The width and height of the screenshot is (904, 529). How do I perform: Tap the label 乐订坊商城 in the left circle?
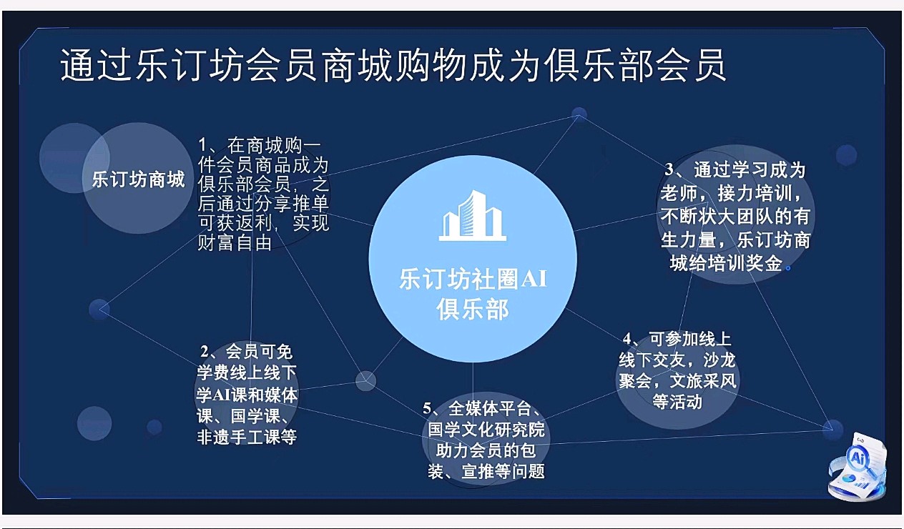139,179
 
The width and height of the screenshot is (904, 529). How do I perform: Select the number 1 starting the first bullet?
203,146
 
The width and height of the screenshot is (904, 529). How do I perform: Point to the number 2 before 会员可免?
205,352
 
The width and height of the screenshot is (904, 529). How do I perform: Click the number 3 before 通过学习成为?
669,170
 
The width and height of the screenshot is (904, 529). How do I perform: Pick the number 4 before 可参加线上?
627,339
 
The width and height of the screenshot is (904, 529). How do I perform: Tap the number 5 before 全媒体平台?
428,409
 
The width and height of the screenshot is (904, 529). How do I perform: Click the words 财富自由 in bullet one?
235,243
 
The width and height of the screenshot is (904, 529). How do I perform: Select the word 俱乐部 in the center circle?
472,310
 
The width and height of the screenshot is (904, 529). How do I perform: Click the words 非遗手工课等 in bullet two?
247,437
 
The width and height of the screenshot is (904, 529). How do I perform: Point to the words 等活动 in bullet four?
677,402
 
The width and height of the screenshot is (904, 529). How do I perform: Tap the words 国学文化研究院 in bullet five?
486,430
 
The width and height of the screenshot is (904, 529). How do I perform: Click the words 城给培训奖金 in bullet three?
727,264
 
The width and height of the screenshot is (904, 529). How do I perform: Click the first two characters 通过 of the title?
96,65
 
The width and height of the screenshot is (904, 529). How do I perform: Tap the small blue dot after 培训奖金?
788,268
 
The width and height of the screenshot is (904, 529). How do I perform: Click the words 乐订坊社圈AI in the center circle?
473,278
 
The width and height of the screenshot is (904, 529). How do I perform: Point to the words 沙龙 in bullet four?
719,360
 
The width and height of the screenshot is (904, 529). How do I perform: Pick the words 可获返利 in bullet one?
235,223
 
